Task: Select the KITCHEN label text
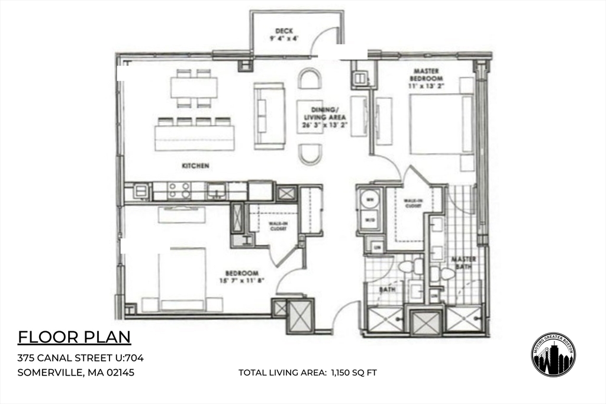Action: point(195,166)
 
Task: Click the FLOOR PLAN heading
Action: point(74,337)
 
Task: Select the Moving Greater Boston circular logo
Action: point(553,354)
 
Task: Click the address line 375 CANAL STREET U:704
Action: point(80,358)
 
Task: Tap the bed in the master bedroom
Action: point(441,124)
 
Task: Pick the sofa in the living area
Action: point(269,115)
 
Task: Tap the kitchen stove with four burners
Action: point(179,190)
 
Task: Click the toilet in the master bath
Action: point(443,273)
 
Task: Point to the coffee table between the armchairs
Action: point(310,116)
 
